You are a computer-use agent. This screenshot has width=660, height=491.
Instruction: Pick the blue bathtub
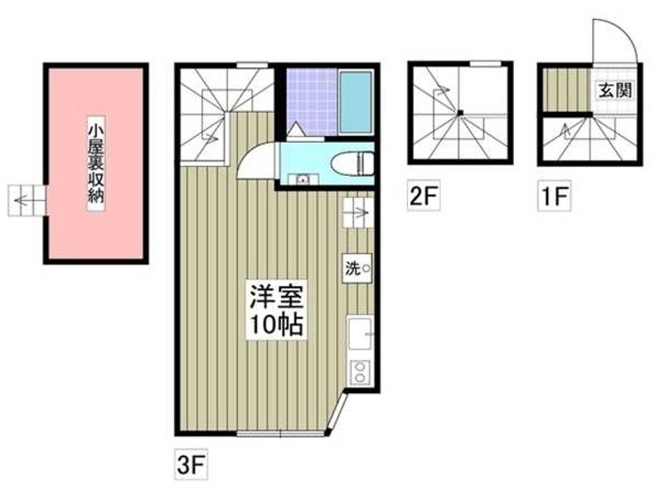tap(357, 103)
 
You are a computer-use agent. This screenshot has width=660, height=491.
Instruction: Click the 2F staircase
tap(459, 113)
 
